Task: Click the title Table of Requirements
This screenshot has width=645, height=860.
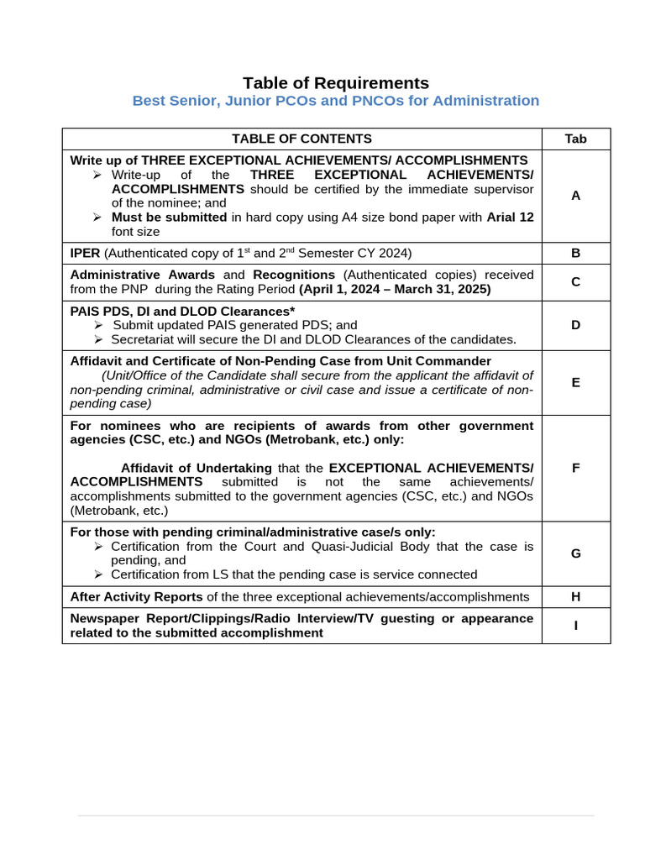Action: pos(335,83)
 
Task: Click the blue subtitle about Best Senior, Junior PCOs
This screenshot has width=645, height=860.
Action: pos(335,101)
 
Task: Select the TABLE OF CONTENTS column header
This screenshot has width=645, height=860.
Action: pos(302,139)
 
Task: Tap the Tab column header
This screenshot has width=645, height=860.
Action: pos(575,139)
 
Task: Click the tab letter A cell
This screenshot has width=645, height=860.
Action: pos(575,196)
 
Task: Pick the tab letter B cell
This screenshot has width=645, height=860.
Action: pos(575,253)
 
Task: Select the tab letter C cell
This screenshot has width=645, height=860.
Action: pos(575,282)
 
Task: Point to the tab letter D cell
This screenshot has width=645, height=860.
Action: pos(575,325)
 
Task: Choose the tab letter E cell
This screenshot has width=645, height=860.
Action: pos(575,382)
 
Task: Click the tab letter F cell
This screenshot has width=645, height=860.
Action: pos(575,468)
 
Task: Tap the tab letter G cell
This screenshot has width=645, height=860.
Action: pos(575,553)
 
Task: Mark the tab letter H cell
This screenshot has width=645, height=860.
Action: pos(575,596)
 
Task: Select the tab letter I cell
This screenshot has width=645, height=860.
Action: pos(575,626)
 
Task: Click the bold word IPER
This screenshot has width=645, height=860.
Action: pos(86,253)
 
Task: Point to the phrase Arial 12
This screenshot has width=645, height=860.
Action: pos(510,217)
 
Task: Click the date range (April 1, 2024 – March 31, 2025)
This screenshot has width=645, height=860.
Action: pos(395,289)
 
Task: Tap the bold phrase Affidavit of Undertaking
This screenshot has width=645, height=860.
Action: pos(196,468)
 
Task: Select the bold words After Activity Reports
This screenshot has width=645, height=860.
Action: pos(136,596)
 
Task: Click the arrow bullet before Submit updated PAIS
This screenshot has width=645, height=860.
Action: pos(98,325)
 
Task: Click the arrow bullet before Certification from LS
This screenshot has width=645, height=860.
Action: pos(98,574)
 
